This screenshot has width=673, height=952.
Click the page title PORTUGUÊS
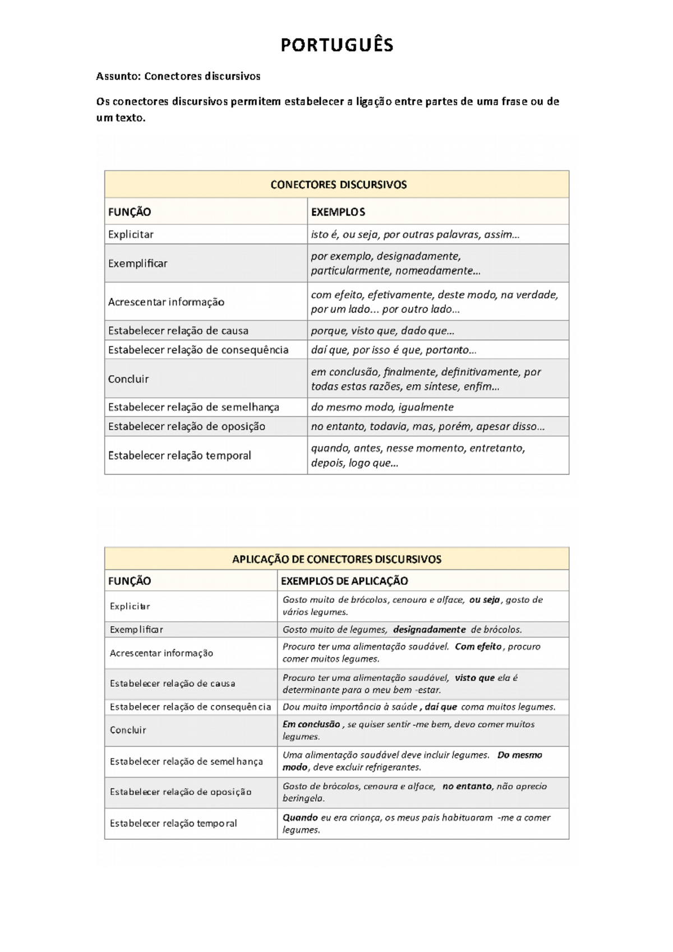click(x=336, y=45)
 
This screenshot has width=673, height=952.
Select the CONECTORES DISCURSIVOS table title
click(x=338, y=184)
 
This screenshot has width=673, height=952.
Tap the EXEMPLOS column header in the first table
click(x=338, y=212)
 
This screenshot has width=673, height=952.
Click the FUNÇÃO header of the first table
click(x=130, y=212)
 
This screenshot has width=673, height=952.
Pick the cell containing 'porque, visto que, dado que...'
click(x=382, y=331)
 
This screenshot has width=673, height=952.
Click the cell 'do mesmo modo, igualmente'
click(x=382, y=407)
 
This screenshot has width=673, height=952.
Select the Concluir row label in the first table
click(x=128, y=379)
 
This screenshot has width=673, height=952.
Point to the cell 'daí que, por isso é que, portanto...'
click(x=394, y=350)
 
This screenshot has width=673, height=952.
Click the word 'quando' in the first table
click(x=329, y=448)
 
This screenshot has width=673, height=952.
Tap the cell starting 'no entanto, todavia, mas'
click(x=427, y=426)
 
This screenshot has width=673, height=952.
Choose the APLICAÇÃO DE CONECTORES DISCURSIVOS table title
click(x=336, y=559)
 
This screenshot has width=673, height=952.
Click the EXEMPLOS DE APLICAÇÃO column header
click(x=344, y=581)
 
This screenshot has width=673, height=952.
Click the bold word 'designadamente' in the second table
click(x=429, y=630)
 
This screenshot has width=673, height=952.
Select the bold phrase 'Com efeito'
click(x=478, y=646)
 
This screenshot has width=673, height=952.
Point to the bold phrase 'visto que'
click(x=474, y=678)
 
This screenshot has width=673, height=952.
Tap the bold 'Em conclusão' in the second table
click(x=311, y=724)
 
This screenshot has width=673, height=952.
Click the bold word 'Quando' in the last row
click(x=300, y=817)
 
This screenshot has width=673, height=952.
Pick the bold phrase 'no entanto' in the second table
click(x=467, y=786)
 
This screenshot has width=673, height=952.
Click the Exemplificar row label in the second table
click(x=136, y=630)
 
